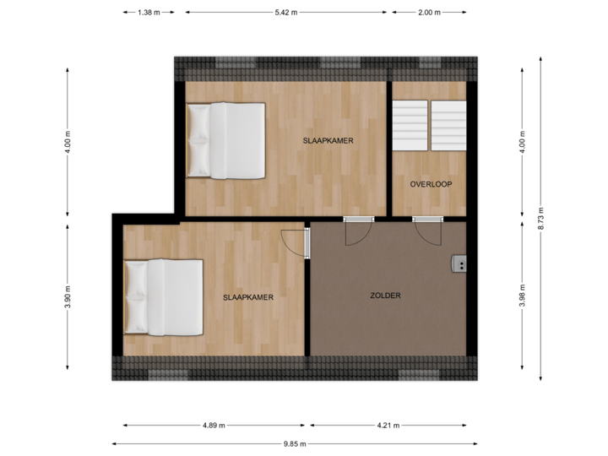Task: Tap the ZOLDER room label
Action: point(385,296)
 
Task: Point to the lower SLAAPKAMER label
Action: point(247,297)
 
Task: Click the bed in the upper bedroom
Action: point(226,140)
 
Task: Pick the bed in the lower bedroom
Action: point(164,296)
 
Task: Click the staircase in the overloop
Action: point(429,125)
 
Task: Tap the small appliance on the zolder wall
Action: point(459,264)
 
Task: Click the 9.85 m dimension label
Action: point(295,443)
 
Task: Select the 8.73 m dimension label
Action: point(541,217)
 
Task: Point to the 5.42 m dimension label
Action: point(285,13)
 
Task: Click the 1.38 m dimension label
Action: point(148,13)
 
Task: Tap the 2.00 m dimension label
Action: point(428,13)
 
